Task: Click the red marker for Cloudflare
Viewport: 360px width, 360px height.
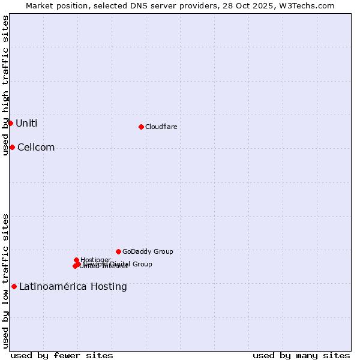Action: point(141,127)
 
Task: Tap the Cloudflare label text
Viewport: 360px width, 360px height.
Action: point(161,127)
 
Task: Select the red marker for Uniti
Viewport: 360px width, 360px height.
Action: point(10,123)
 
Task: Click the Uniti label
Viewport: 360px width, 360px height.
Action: point(26,124)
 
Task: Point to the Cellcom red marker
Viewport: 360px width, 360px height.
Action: point(12,147)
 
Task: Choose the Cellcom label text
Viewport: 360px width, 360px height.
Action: point(36,148)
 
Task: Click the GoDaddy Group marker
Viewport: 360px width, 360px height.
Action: point(118,251)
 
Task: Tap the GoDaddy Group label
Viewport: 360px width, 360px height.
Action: point(148,251)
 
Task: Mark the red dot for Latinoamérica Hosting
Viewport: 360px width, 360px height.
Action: point(14,286)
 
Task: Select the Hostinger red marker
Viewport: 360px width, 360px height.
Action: point(76,260)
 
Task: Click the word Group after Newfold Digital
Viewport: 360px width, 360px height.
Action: point(142,264)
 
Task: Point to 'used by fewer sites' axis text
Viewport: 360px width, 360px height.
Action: point(62,355)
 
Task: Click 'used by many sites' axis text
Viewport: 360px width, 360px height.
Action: point(301,355)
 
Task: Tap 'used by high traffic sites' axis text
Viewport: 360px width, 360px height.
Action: point(5,85)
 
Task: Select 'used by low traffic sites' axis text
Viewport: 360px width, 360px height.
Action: point(5,280)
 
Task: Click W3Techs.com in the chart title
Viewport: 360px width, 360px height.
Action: point(309,5)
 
